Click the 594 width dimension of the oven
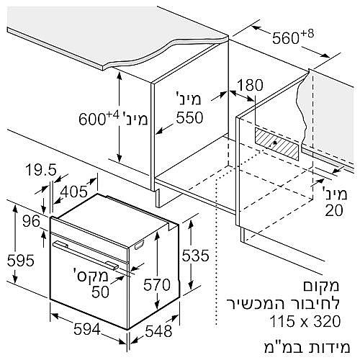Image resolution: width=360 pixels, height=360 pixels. (x=86, y=329)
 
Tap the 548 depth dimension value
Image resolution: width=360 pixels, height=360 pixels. (x=158, y=331)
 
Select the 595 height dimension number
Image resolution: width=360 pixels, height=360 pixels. (x=21, y=261)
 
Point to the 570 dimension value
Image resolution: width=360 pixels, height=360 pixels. (x=157, y=285)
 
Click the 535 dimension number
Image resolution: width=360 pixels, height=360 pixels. (x=195, y=256)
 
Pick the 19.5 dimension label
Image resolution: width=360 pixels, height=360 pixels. (x=41, y=169)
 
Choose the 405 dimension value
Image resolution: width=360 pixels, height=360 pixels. (x=74, y=192)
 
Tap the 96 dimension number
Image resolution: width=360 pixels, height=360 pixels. (x=31, y=221)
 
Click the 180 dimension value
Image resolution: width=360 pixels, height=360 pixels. (x=250, y=85)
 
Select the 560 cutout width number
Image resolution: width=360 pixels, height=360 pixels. (x=286, y=38)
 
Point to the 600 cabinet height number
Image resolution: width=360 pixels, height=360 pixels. (x=92, y=120)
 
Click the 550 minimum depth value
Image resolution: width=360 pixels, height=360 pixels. (x=189, y=117)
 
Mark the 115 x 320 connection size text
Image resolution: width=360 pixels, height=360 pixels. (x=305, y=321)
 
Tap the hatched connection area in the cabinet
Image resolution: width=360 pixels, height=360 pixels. (x=277, y=144)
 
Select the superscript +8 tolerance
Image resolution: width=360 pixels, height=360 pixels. (x=307, y=34)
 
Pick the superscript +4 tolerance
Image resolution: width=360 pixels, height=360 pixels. (x=112, y=115)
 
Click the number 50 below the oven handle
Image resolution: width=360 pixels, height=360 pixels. (x=101, y=292)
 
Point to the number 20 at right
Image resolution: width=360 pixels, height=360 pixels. (x=334, y=210)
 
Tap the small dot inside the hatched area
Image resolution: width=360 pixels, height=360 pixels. (x=275, y=142)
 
